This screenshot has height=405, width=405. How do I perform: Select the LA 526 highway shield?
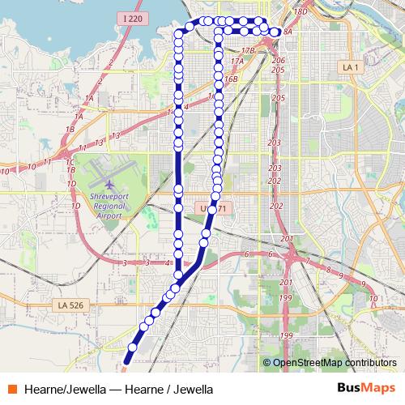70,305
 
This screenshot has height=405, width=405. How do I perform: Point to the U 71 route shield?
216,209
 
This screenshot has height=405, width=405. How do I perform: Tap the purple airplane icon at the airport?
109,181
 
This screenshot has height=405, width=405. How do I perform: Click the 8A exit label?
287,32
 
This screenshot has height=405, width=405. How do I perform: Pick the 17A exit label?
237,62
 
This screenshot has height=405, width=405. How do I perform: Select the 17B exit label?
249,50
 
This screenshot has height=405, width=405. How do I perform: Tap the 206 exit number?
278,61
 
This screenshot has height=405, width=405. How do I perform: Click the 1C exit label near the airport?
70,162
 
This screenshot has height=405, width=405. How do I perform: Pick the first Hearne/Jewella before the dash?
65,390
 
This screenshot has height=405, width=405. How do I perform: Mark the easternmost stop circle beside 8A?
276,32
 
